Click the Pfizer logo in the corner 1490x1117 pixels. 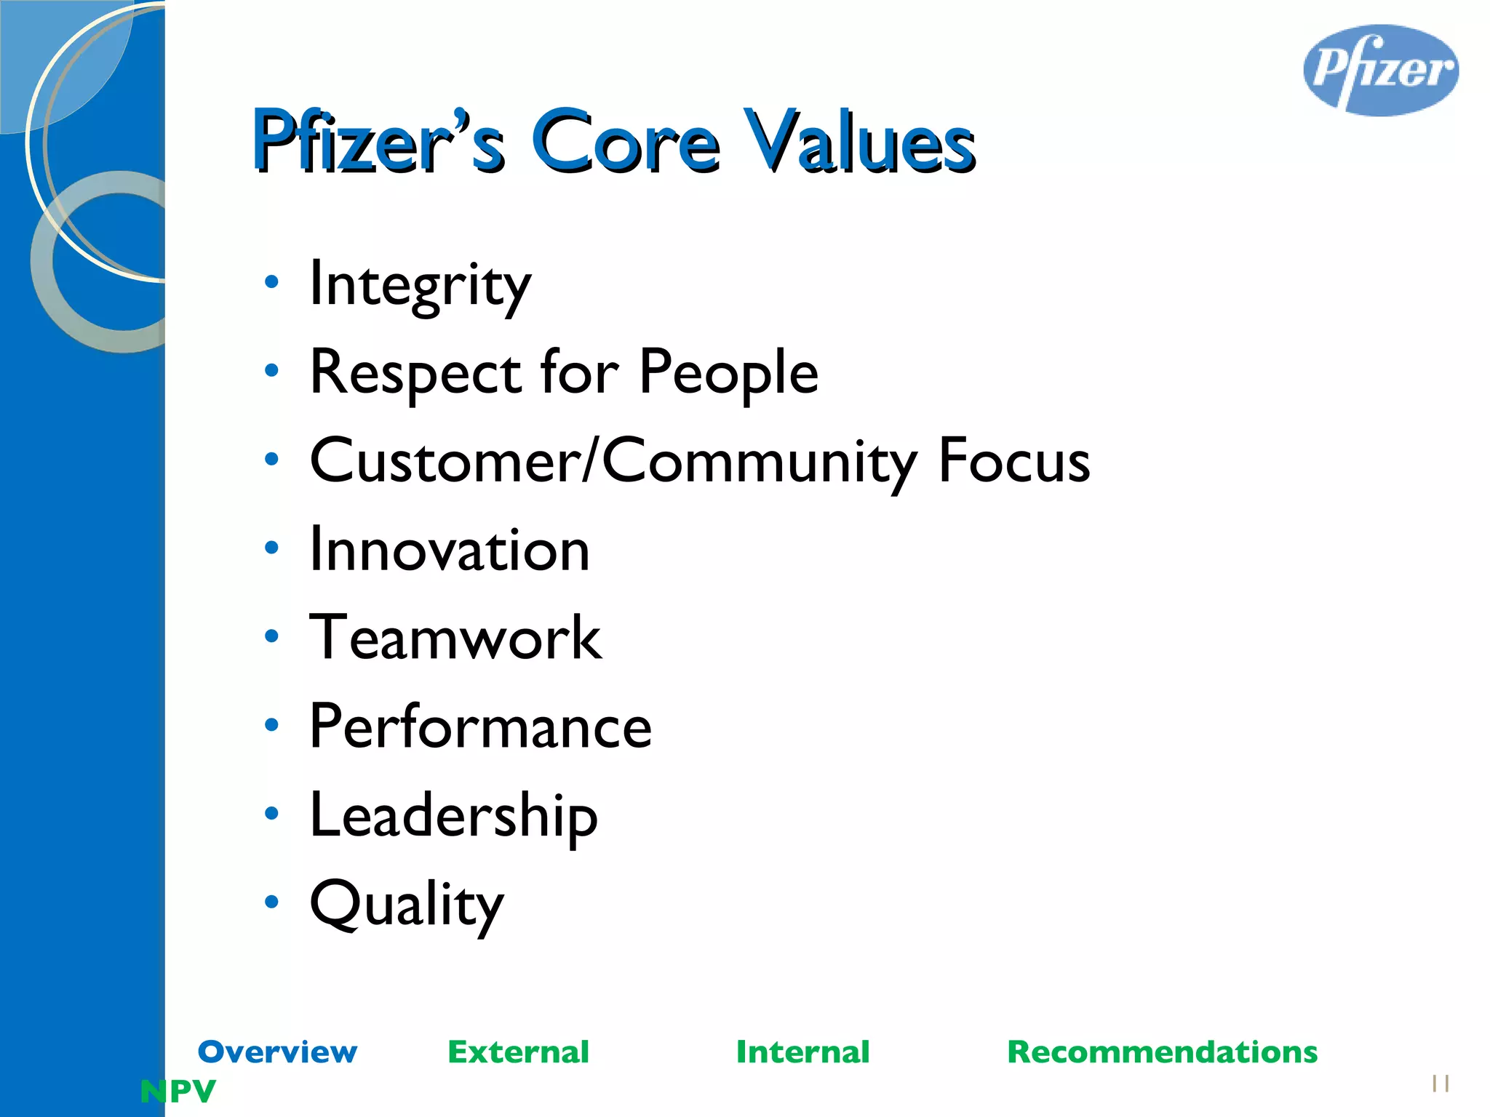(x=1380, y=71)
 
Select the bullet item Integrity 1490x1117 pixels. (x=420, y=285)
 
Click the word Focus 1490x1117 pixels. (x=1013, y=461)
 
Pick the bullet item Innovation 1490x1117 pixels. (x=449, y=551)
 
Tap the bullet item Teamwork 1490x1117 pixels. (x=455, y=638)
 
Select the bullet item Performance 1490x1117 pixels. (x=480, y=727)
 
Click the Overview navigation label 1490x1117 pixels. (x=277, y=1052)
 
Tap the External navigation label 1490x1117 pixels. (x=518, y=1052)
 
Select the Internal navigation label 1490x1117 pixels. (x=802, y=1052)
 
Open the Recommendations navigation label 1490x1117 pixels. (x=1162, y=1052)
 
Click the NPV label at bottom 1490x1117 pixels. (x=178, y=1091)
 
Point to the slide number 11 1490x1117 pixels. (x=1440, y=1084)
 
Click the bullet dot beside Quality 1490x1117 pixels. (x=271, y=902)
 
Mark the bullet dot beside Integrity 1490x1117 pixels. (x=271, y=281)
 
